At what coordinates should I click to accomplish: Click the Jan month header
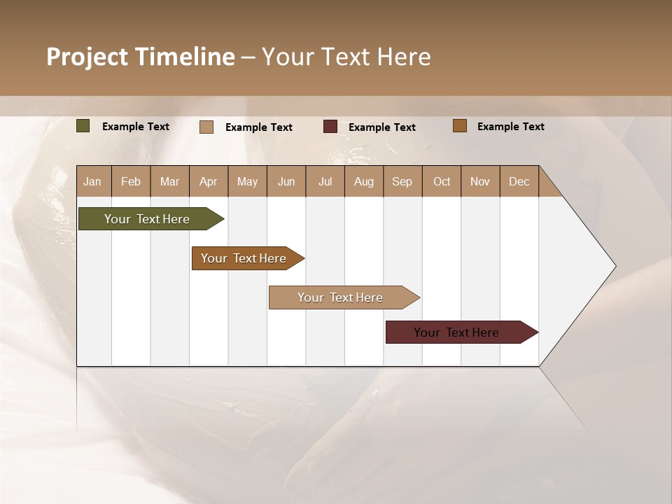coord(93,181)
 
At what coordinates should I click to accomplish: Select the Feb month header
coord(131,181)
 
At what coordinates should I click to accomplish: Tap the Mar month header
coord(169,181)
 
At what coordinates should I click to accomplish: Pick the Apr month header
coord(209,181)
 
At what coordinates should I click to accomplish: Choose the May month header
coord(247,181)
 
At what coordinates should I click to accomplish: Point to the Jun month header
coord(286,181)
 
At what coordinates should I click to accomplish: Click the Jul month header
coord(325,181)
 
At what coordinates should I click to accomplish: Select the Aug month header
coord(364,181)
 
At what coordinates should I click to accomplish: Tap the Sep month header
coord(402,181)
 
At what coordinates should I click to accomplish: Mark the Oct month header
coord(442,181)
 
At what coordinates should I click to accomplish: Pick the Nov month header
coord(480,181)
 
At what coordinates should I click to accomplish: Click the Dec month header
coord(519,181)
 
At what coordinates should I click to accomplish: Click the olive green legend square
coord(83,126)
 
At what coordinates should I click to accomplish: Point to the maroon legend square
coord(330,127)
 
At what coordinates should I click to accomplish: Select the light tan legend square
coord(206,127)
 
